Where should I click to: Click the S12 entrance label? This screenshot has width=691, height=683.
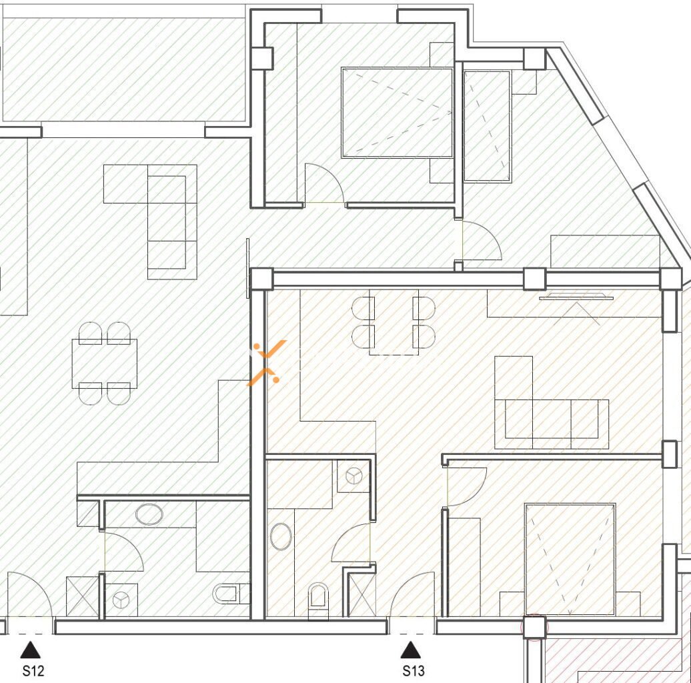tap(33, 671)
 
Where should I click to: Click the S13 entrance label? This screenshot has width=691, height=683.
tap(414, 671)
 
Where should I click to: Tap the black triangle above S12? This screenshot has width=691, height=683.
tap(30, 650)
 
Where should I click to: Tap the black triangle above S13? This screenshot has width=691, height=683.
tap(410, 650)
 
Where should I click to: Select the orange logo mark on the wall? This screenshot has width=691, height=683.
tap(265, 362)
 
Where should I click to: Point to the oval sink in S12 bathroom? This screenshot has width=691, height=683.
tap(149, 514)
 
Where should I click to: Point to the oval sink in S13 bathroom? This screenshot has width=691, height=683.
tap(281, 536)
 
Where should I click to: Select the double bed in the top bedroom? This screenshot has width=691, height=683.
tap(397, 113)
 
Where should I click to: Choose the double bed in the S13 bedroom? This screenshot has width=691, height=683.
tap(570, 559)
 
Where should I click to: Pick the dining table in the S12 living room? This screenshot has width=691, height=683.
tap(105, 364)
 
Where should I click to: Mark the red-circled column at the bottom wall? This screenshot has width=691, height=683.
tap(534, 628)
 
